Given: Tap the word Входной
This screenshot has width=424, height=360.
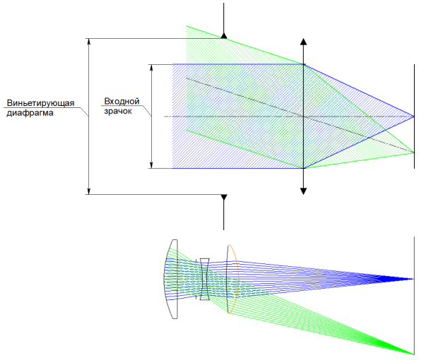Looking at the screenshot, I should tap(118, 101).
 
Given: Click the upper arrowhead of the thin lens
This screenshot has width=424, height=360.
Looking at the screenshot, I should tap(304, 42).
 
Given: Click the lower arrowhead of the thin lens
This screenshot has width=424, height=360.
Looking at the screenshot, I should tap(304, 189).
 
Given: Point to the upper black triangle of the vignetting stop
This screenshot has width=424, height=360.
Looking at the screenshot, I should tap(223, 35).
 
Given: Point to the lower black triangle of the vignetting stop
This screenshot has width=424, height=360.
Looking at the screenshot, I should tap(223, 198).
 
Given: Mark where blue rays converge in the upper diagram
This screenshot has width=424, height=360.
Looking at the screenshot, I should tap(413, 116).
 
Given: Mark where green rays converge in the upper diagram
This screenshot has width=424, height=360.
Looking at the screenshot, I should tap(413, 151).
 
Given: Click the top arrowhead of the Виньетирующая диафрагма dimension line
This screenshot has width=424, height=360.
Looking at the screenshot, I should tap(88, 41).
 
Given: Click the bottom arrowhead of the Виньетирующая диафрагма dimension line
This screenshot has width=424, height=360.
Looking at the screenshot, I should tap(88, 191).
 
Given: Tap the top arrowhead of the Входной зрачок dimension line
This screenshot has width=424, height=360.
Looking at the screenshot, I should tap(152, 68).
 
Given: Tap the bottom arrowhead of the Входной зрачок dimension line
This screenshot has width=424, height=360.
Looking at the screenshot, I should tap(152, 164).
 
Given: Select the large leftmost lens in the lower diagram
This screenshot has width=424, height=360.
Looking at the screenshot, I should tap(172, 280).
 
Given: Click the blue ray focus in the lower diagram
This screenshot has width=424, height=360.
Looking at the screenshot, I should tap(413, 279).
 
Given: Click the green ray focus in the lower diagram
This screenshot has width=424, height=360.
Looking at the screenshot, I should tap(413, 352).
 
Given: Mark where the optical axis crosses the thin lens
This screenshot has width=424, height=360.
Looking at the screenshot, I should tap(304, 116).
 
